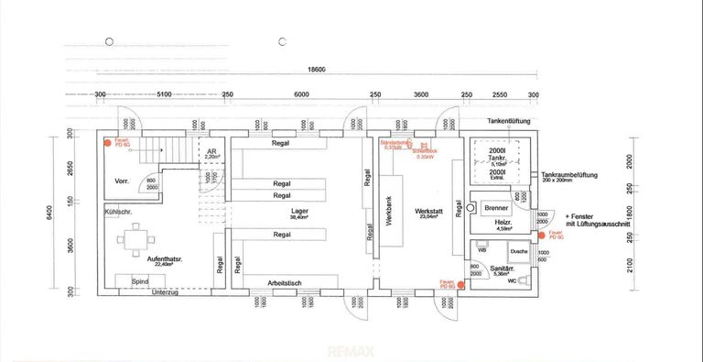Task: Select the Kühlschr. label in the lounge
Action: pos(123,212)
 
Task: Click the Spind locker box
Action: pos(140,280)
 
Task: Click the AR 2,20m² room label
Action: pos(211,154)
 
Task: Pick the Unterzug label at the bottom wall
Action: pos(166,292)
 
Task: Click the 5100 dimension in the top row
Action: pos(164,94)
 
